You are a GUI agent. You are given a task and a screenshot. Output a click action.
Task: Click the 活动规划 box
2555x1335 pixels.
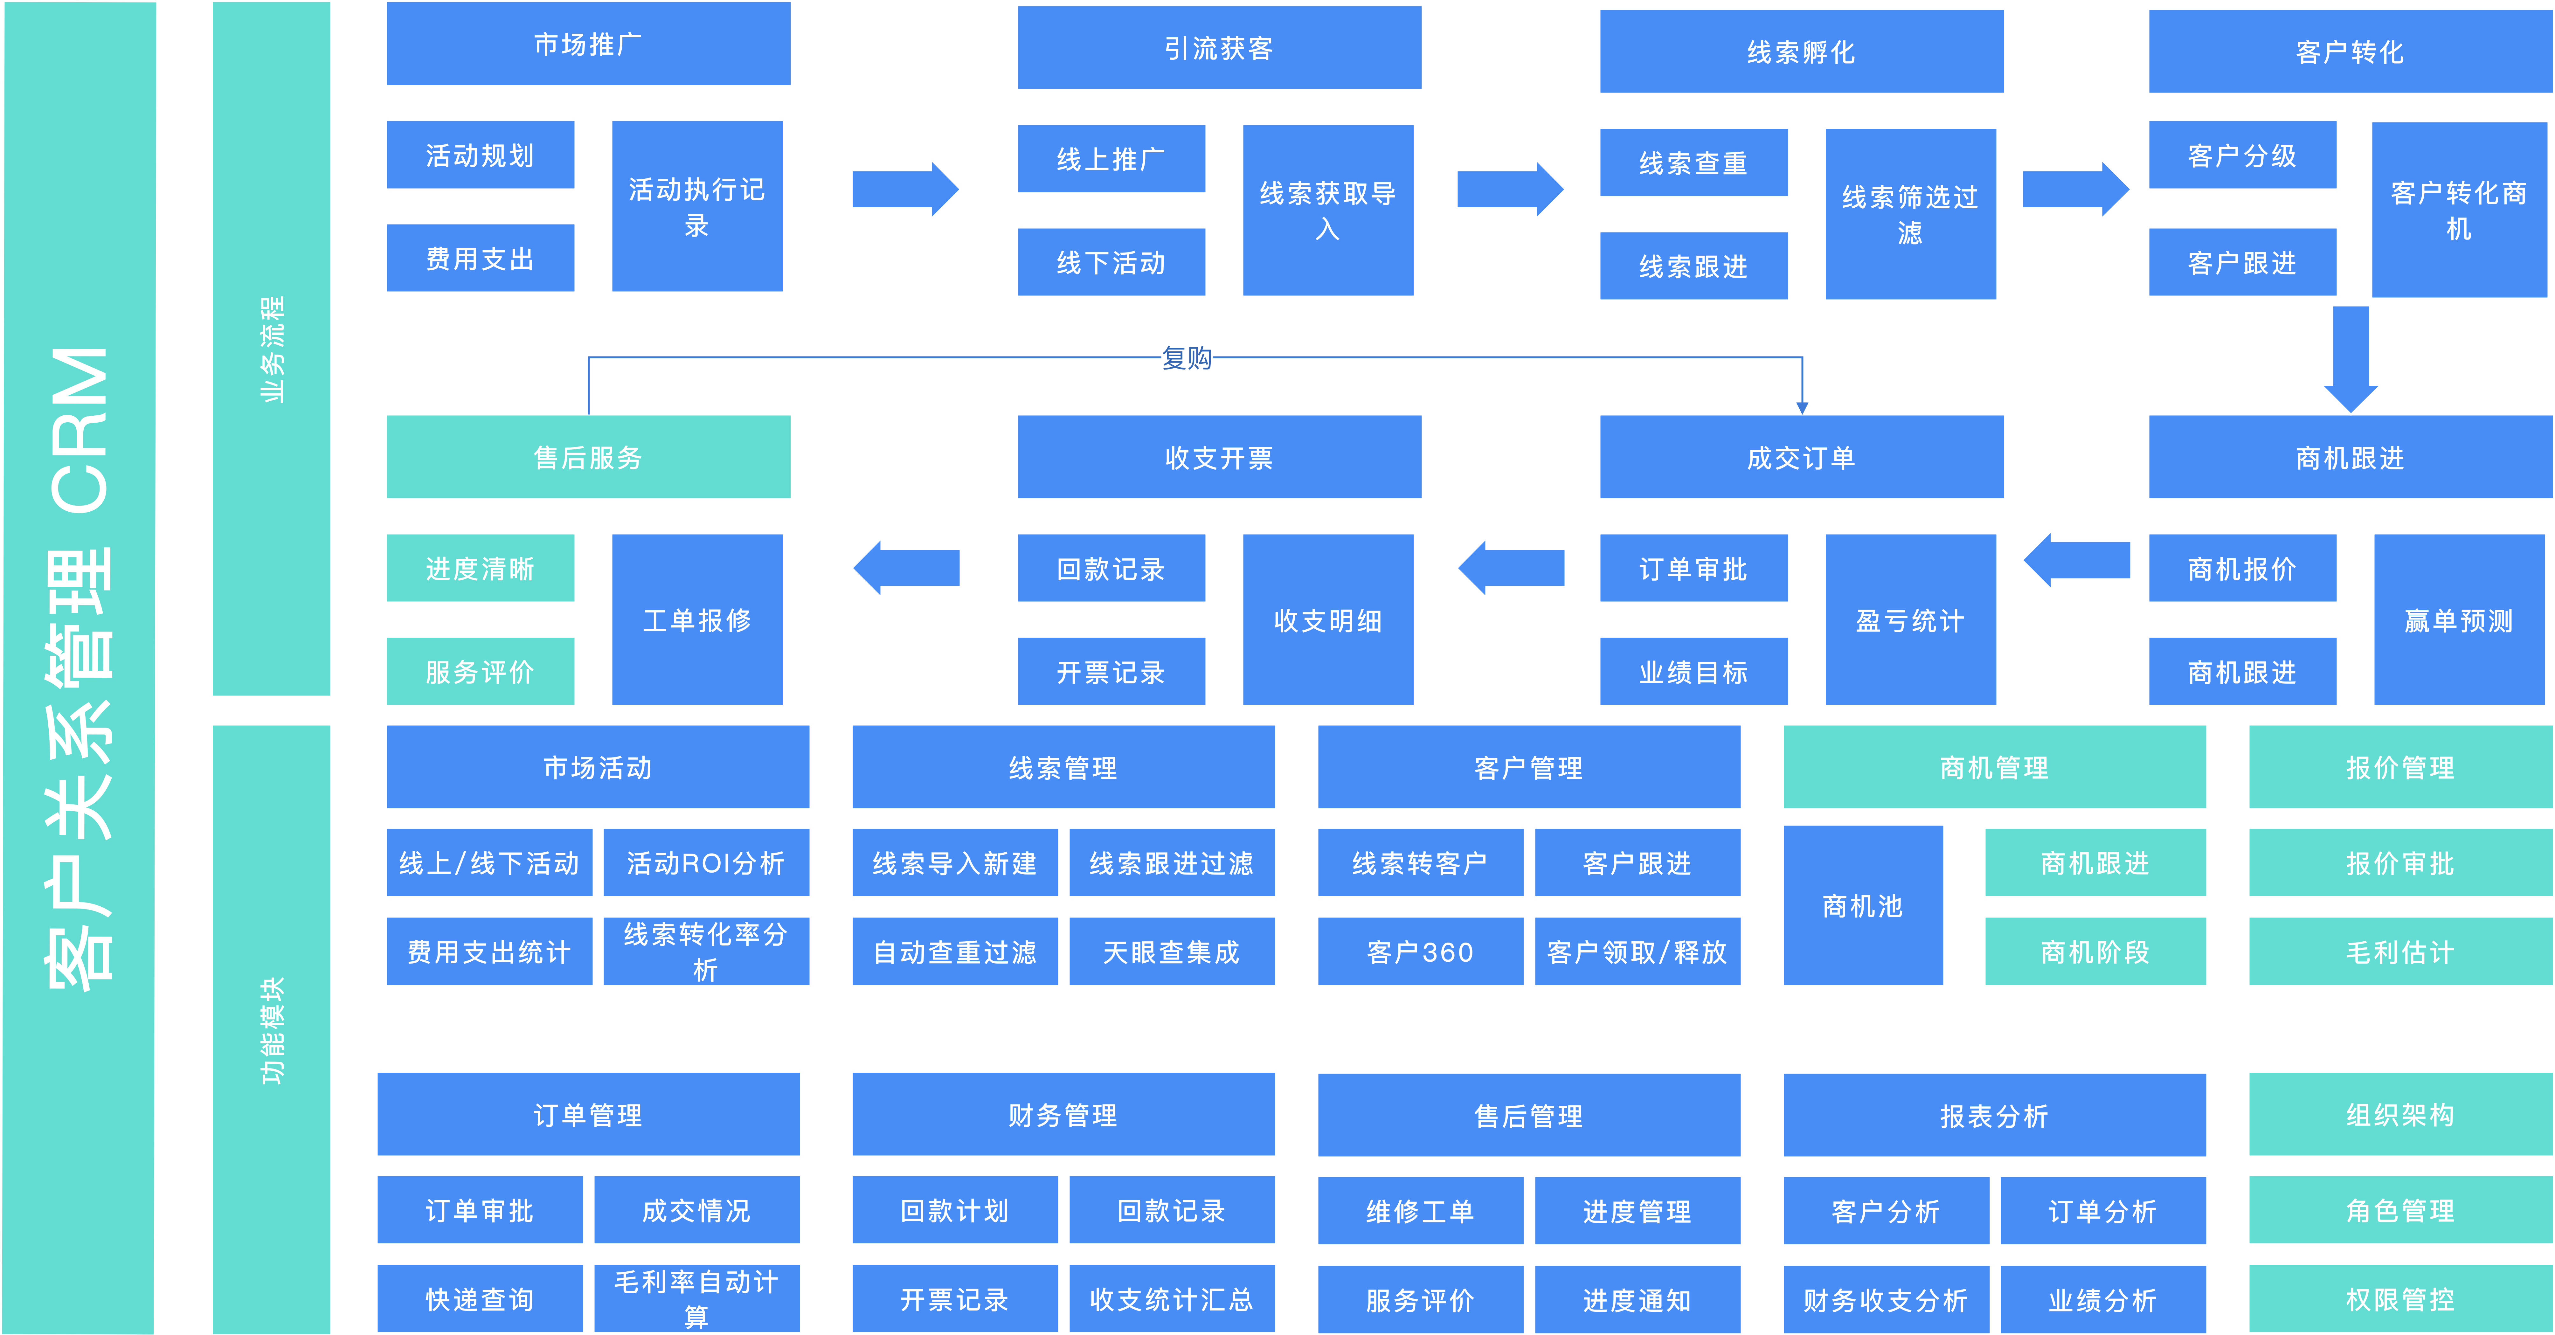coord(480,155)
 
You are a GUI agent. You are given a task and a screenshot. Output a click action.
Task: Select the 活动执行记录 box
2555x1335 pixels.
coord(697,206)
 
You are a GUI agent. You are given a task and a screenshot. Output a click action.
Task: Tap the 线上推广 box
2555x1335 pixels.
coord(1111,159)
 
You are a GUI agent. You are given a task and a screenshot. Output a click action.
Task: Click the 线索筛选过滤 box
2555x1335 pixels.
coord(1910,214)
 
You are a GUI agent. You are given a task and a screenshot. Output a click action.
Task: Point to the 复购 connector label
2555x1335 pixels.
coord(1186,357)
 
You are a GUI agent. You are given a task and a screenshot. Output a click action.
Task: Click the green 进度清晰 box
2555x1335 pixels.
coord(480,568)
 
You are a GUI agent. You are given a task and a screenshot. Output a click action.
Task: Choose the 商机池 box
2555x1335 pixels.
coord(1863,906)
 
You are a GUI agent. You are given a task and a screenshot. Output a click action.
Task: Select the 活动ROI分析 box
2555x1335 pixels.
coord(706,863)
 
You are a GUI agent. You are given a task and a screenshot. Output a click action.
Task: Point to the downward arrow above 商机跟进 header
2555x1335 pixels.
coord(2351,359)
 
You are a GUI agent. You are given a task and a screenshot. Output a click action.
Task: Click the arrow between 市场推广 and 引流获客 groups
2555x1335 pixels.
coord(905,189)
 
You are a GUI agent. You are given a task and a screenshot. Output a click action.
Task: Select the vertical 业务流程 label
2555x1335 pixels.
coord(272,349)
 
